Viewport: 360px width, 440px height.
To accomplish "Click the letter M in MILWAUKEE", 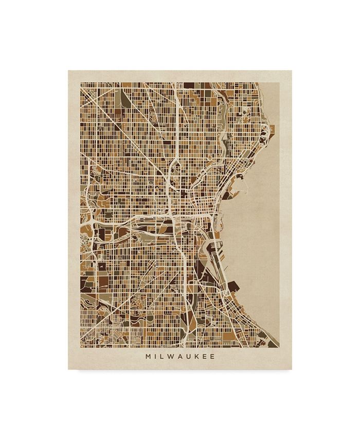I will point(149,356).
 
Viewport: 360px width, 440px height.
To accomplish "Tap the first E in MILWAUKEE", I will point(207,356).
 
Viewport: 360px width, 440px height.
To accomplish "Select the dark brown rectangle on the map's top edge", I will point(189,85).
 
